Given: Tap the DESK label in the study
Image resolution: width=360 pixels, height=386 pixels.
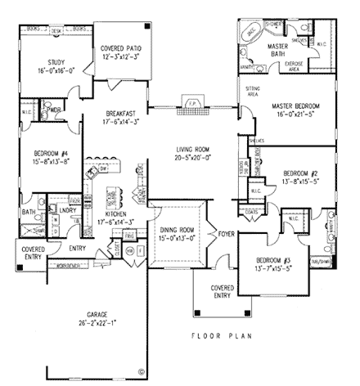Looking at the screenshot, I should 56,28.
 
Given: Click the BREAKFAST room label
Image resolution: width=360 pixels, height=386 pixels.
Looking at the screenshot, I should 125,114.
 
